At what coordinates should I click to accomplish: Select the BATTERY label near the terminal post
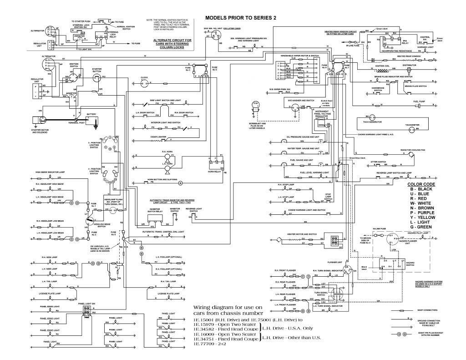[x=91, y=114]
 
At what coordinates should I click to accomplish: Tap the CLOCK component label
[x=144, y=77]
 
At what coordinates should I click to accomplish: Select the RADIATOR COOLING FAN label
[x=412, y=149]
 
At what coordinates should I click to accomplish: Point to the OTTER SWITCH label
[x=378, y=161]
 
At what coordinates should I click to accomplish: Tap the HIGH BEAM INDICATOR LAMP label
[x=51, y=172]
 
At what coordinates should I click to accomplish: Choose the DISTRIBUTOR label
[x=409, y=65]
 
